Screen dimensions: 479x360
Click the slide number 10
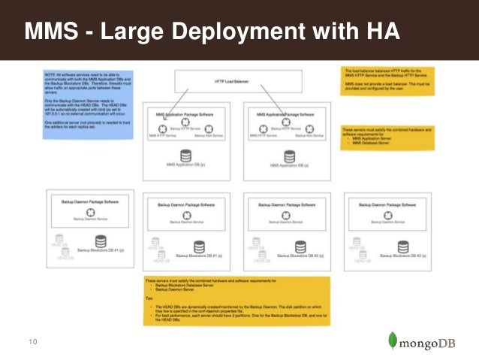click(32, 341)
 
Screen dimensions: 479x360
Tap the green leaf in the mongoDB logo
click(393, 340)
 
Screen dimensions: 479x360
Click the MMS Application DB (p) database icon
click(185, 156)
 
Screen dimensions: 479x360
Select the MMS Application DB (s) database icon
click(288, 156)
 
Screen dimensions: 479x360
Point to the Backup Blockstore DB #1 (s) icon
click(199, 245)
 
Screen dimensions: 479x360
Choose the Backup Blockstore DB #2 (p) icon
click(300, 245)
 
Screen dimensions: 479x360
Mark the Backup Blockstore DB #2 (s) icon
click(403, 245)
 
